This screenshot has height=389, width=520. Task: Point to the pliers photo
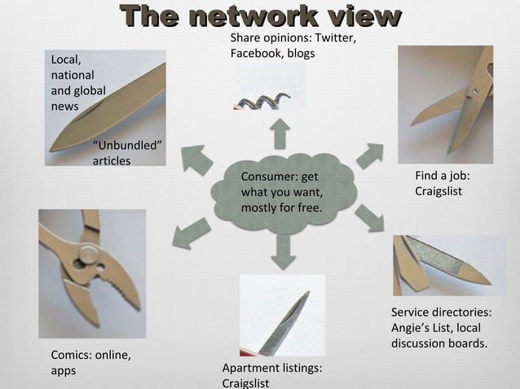(x=92, y=273)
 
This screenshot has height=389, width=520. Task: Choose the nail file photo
(x=449, y=264)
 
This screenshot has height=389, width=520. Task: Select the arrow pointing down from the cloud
(x=283, y=251)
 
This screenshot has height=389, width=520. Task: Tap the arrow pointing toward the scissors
(x=369, y=155)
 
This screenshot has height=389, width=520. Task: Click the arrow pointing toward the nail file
(x=369, y=217)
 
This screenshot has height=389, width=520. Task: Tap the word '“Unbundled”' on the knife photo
(x=127, y=146)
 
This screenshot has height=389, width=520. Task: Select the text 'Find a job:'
(x=443, y=176)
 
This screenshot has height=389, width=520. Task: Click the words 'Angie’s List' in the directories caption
(x=422, y=328)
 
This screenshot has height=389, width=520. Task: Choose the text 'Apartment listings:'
(x=272, y=368)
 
